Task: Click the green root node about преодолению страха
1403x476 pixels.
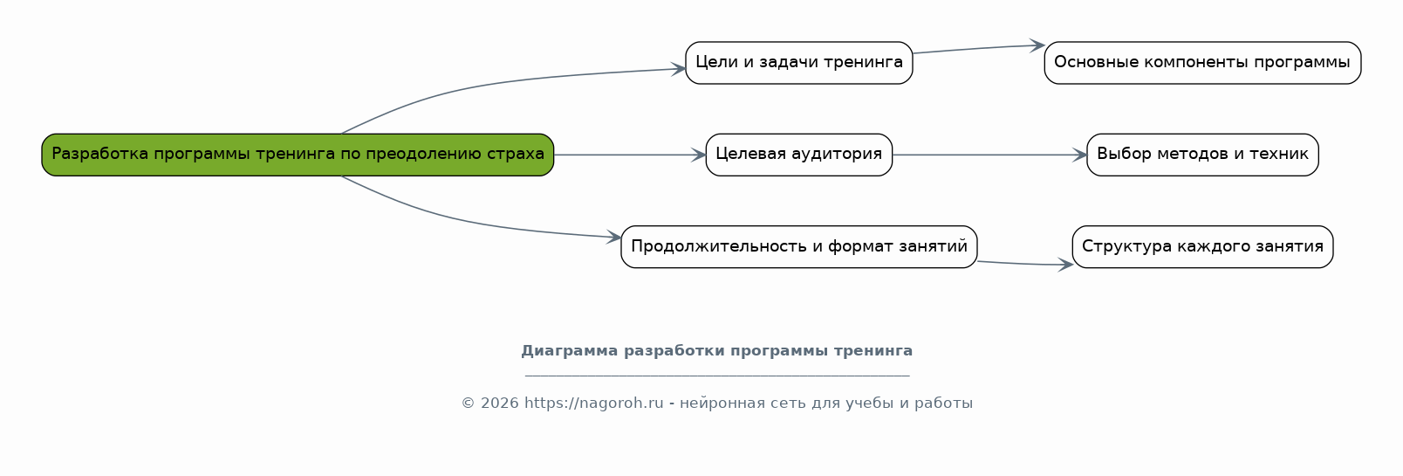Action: click(x=298, y=155)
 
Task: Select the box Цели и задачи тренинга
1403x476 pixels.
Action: click(x=798, y=63)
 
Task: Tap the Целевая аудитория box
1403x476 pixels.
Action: click(x=798, y=155)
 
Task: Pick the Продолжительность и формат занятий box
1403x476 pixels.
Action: click(x=798, y=247)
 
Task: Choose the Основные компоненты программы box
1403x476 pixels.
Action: click(x=1202, y=63)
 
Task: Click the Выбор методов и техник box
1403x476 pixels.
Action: click(x=1202, y=155)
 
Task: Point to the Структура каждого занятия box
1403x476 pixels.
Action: click(x=1202, y=247)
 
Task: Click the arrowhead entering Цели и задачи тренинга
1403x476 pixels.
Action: click(x=679, y=68)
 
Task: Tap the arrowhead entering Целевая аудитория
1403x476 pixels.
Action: click(x=699, y=155)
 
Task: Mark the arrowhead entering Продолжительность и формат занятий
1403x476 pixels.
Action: click(x=614, y=237)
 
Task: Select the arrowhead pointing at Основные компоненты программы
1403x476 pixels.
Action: click(x=1037, y=45)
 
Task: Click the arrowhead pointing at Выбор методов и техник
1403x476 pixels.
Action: click(x=1080, y=155)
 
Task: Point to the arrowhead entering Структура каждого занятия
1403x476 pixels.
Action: click(x=1066, y=265)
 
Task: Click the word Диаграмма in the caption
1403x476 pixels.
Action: click(x=570, y=351)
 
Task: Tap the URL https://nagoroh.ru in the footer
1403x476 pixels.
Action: click(x=594, y=404)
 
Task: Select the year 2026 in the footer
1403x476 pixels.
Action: click(x=500, y=404)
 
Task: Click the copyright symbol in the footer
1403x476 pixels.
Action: click(x=468, y=404)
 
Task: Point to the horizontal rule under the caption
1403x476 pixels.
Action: click(x=717, y=376)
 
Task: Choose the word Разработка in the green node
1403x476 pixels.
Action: click(x=100, y=154)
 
